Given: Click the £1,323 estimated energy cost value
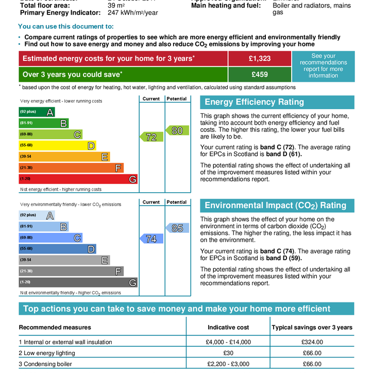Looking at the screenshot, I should point(260,59).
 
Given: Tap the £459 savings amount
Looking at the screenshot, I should point(260,74).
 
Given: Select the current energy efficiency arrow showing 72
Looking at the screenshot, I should point(151,137).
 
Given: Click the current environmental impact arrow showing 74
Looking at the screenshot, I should point(151,239).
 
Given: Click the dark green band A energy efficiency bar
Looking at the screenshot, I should point(37,112).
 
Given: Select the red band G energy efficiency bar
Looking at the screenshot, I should point(78,179).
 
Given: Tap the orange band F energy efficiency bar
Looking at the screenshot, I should point(71,168).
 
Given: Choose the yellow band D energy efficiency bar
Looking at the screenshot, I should point(57,146).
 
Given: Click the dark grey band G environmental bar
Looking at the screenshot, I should point(78,282).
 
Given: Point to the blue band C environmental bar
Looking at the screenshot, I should point(50,238).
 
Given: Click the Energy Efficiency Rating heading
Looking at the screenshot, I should point(255,102).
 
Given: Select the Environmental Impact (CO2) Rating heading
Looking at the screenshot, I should point(275,206).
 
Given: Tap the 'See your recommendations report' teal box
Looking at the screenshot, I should point(323,66).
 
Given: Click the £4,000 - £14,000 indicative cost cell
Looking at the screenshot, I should point(228,342).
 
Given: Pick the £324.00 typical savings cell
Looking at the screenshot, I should point(312,342).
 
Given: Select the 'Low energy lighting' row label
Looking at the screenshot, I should point(47,353).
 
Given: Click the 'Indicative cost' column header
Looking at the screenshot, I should point(228,327).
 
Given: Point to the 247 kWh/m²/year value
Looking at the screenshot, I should point(133,12).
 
